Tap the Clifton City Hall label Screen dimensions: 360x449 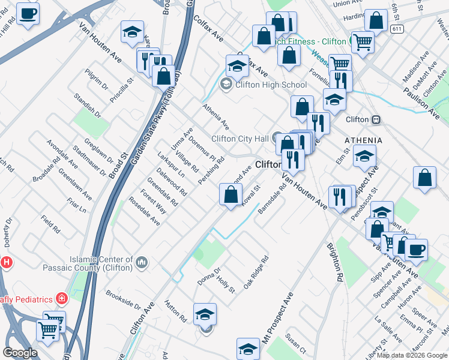click(240, 139)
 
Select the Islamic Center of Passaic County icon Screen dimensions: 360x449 click(142, 262)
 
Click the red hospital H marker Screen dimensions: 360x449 click(6, 262)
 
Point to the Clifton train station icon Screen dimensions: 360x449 click(376, 119)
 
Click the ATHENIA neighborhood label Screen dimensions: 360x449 click(363, 140)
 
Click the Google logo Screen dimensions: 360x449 click(20, 352)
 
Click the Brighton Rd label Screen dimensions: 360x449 click(335, 262)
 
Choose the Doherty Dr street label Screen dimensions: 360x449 click(8, 231)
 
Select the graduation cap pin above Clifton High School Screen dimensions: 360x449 click(237, 67)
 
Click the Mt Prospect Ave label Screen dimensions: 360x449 click(277, 318)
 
